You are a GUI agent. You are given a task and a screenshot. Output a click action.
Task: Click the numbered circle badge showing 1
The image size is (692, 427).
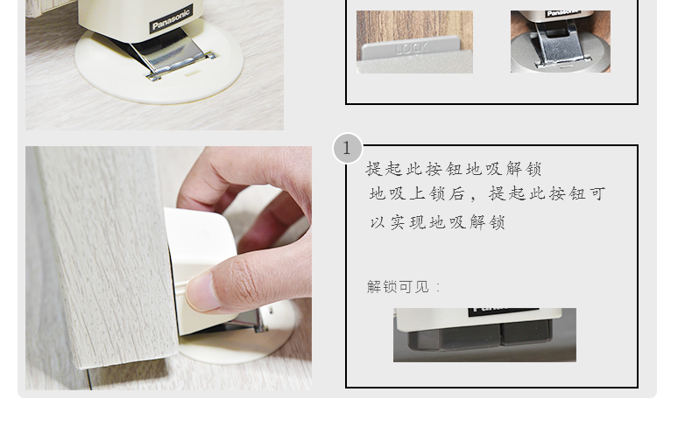(x=348, y=149)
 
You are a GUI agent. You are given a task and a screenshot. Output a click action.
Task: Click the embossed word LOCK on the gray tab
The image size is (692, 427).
(x=412, y=48)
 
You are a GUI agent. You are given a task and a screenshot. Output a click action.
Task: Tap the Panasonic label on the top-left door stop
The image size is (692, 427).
(x=171, y=19)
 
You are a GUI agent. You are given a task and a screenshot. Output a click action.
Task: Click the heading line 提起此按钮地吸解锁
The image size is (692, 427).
(x=453, y=169)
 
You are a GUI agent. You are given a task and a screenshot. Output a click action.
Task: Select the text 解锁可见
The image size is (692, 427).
(x=398, y=287)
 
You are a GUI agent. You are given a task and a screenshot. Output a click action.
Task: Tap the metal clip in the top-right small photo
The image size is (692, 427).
(x=561, y=45)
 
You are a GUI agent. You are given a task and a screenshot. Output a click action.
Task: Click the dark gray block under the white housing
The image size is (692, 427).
(x=480, y=334)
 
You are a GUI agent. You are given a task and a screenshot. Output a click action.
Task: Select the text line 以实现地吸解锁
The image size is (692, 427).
(x=437, y=222)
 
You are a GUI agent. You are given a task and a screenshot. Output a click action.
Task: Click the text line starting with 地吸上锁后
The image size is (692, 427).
(x=487, y=194)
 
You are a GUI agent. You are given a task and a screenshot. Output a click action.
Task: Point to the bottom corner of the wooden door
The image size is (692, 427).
(x=80, y=367)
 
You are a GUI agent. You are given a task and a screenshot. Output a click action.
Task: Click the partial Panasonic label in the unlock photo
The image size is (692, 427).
(x=503, y=311)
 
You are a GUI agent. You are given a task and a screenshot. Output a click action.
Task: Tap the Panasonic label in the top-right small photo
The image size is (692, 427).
(x=561, y=14)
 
